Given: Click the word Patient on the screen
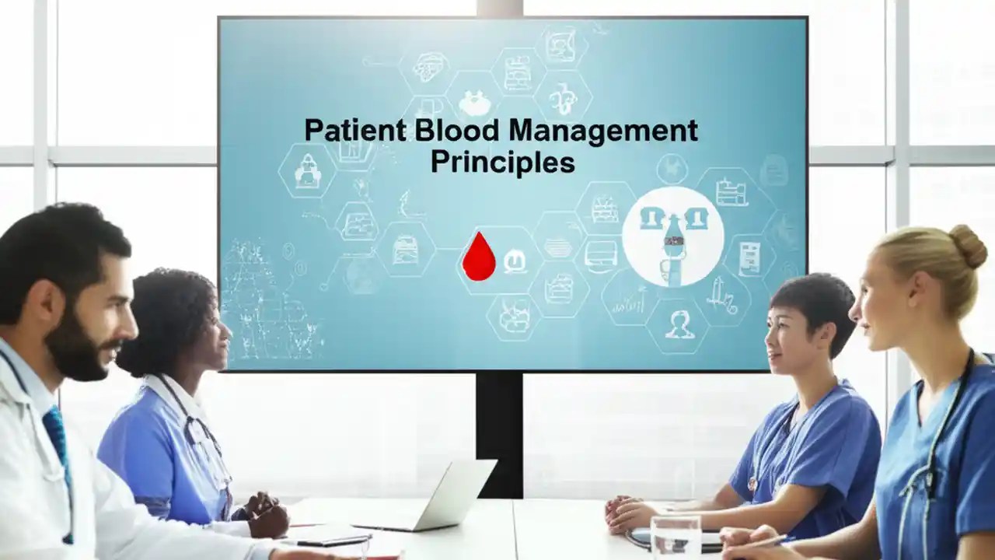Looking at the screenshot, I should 354,130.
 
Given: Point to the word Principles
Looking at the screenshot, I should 502,162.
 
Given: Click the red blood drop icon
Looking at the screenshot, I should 478,257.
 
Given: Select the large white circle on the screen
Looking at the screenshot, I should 672,236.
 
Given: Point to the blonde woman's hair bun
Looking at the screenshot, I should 969,246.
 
